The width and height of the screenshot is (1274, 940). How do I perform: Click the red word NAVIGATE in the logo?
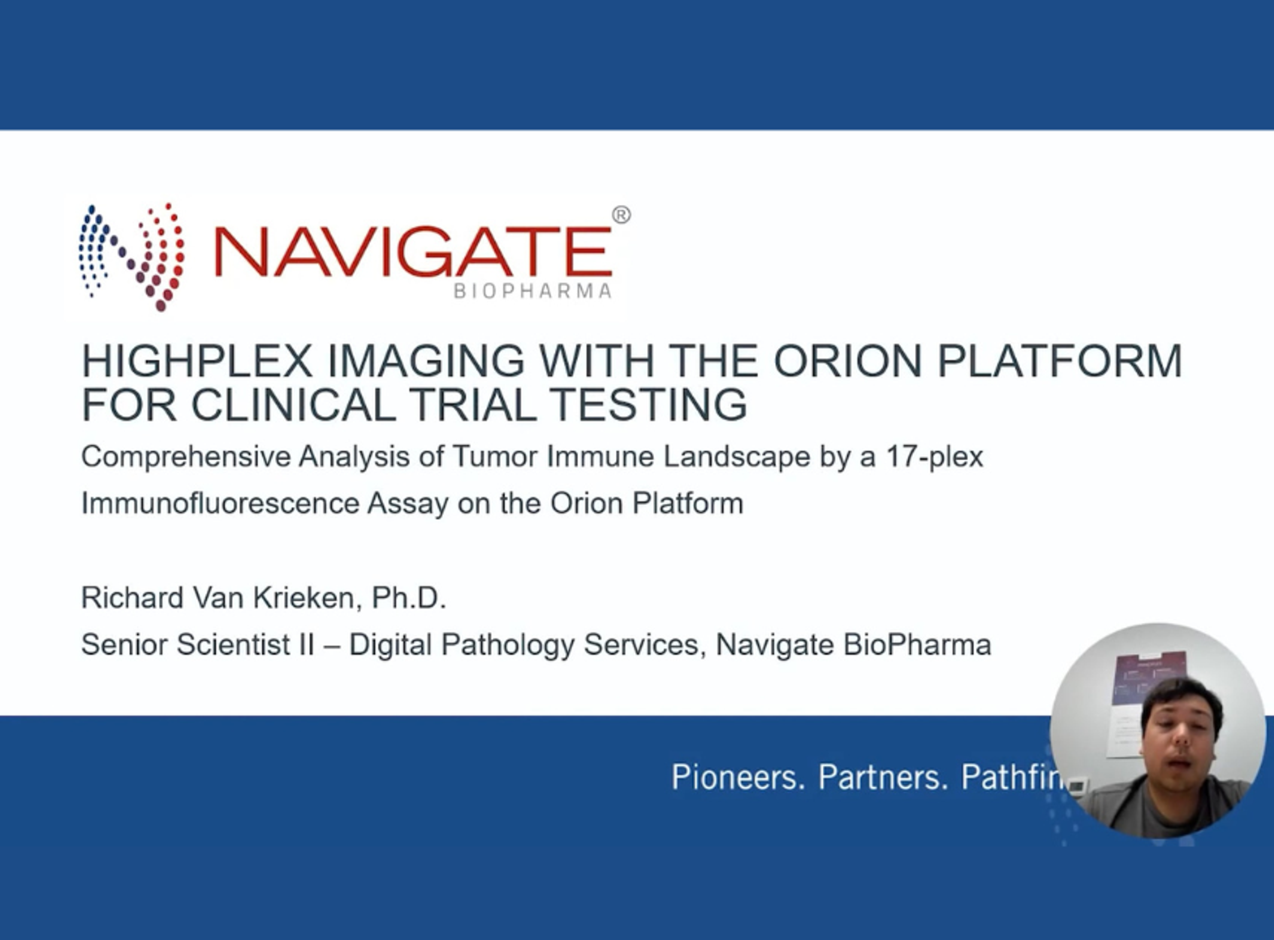pos(413,251)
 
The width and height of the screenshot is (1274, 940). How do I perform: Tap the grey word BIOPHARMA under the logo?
pos(533,291)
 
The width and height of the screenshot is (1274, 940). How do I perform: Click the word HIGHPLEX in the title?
pos(197,361)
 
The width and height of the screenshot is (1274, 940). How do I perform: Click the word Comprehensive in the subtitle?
pos(185,457)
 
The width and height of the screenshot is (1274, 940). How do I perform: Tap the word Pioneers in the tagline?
pos(738,777)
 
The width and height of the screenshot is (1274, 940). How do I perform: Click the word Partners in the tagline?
pos(883,777)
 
